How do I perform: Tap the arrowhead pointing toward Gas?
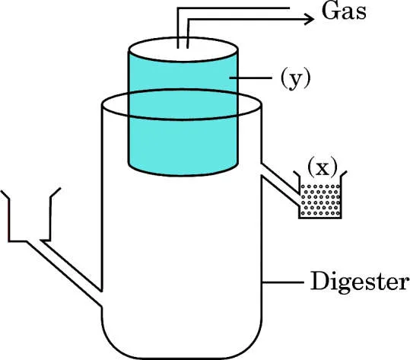(x=310, y=19)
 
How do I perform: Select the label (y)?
(x=295, y=78)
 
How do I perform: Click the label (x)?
(x=323, y=167)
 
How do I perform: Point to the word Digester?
(x=360, y=282)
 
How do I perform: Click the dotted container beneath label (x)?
(x=320, y=201)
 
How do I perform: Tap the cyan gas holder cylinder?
(x=183, y=113)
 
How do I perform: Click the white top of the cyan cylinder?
(x=183, y=49)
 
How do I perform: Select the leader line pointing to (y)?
(x=250, y=78)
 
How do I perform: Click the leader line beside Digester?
(x=283, y=282)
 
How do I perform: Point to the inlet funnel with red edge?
(x=30, y=215)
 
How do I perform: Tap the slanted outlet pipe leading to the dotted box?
(x=280, y=183)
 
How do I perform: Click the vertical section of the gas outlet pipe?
(x=183, y=28)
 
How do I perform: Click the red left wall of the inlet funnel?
(x=9, y=220)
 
